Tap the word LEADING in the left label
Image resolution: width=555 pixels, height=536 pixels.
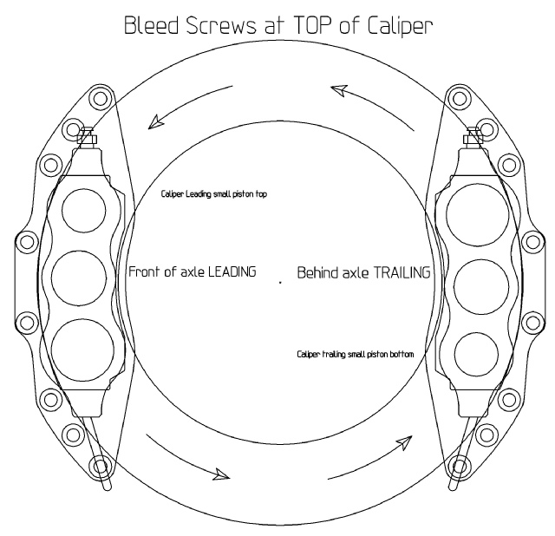click(x=232, y=271)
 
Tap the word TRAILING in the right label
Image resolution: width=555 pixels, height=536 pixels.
click(x=402, y=272)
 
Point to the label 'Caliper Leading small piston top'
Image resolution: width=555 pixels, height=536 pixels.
click(x=214, y=194)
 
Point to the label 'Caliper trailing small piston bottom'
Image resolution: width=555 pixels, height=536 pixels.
click(x=356, y=355)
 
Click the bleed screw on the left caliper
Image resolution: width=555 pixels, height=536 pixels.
click(x=87, y=135)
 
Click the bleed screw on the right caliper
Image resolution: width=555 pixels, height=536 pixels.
click(x=473, y=135)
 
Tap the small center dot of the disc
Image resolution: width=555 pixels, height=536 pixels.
click(x=280, y=283)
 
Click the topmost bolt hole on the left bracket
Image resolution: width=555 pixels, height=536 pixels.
click(x=101, y=98)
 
